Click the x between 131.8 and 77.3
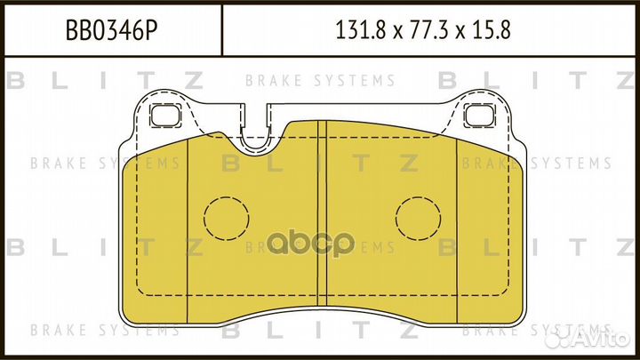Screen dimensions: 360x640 coord(392,32)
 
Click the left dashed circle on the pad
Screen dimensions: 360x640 coord(228,217)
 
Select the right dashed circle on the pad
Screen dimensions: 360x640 coord(418,217)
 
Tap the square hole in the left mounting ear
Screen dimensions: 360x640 coord(165,115)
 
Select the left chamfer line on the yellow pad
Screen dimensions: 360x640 coord(188,231)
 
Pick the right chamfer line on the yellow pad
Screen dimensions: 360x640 coord(457,231)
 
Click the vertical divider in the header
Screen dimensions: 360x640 coord(220,31)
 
